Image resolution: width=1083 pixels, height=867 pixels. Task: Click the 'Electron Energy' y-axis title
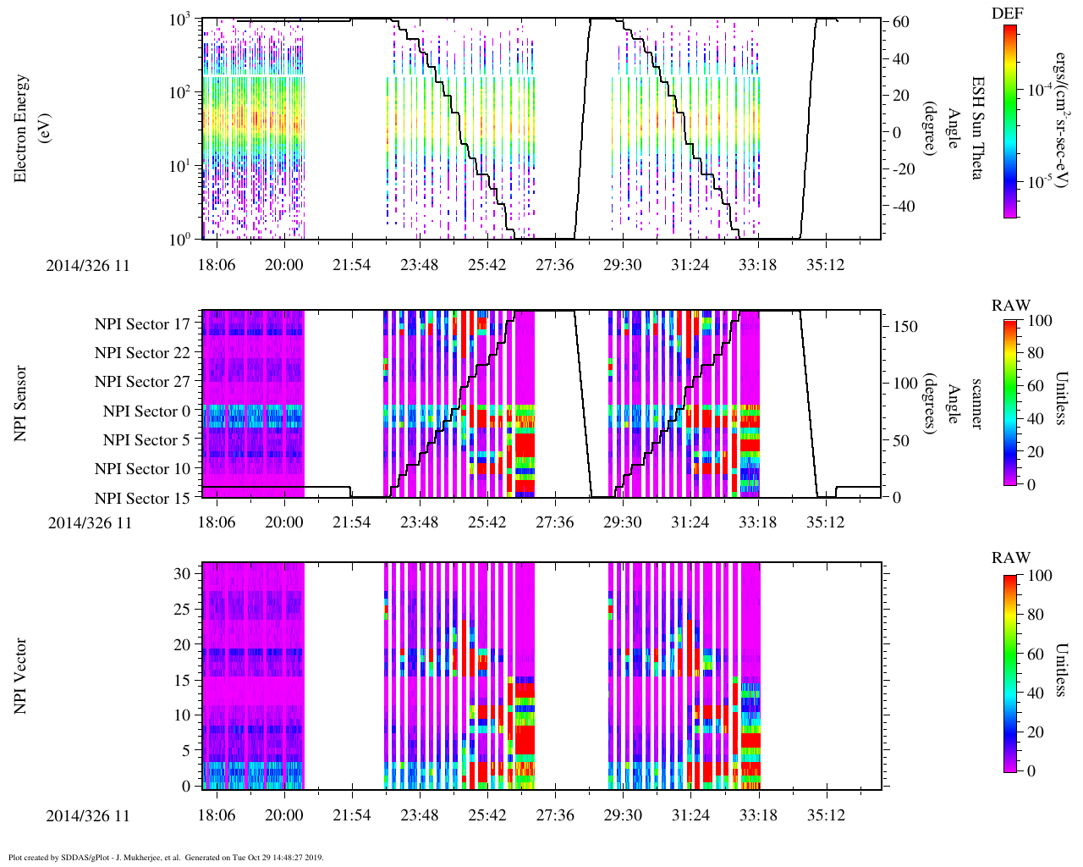22,129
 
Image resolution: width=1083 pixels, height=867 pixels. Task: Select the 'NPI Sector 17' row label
142,324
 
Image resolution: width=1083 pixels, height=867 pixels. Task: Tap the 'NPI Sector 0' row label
146,411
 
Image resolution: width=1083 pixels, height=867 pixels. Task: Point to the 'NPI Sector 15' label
142,499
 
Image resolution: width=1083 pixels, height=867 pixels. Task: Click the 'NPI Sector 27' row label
142,382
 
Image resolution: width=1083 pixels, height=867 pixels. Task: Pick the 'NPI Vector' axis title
20,676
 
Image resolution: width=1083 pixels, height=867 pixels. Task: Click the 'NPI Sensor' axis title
20,403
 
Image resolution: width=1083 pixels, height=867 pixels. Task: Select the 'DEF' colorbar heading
1007,13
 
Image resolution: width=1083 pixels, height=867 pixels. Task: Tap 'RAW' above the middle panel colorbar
1010,306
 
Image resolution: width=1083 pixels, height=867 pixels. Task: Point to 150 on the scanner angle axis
906,326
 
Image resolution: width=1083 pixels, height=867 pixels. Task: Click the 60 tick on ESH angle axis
900,22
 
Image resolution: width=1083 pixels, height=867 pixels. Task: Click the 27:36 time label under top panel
554,265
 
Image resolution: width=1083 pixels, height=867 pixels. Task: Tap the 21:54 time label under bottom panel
351,816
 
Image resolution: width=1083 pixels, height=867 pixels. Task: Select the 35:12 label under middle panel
825,522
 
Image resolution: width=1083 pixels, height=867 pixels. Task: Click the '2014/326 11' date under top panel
88,265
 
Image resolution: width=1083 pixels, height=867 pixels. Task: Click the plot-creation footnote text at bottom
166,858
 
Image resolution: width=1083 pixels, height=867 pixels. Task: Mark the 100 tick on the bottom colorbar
1040,576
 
